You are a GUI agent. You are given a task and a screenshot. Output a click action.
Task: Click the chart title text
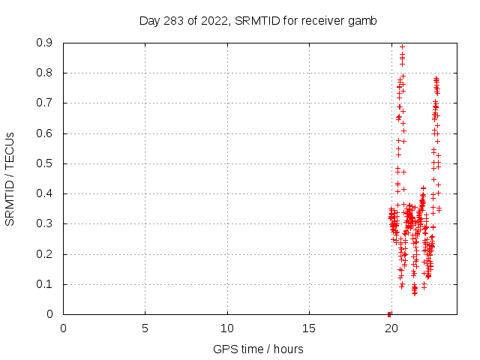pos(258,20)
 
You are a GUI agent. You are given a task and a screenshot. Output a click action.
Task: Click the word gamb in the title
pos(364,20)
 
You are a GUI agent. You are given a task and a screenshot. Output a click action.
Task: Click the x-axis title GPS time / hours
pos(258,349)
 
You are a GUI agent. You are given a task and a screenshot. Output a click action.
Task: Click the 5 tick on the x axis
pos(145,328)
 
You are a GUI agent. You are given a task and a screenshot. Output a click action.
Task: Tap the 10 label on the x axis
pos(226,328)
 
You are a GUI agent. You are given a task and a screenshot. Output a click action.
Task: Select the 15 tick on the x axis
pos(308,328)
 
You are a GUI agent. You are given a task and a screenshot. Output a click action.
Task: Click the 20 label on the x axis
pos(390,328)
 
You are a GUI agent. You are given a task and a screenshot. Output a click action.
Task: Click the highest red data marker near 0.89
pos(402,46)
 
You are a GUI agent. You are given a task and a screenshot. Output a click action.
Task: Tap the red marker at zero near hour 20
pos(389,313)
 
